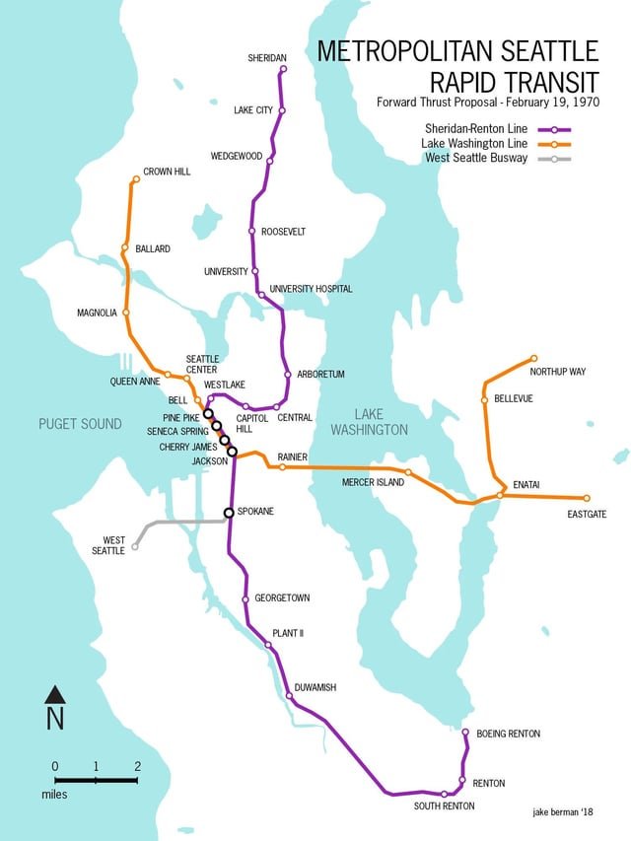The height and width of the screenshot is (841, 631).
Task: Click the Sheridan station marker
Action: pos(283,69)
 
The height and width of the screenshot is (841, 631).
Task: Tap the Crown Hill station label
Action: pos(166,172)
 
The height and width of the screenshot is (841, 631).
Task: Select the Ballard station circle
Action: pos(125,247)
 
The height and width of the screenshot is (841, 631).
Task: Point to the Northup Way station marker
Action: pos(533,358)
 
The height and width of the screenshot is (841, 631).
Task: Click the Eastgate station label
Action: pos(587,514)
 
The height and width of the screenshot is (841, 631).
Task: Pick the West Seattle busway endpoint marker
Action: pos(135,546)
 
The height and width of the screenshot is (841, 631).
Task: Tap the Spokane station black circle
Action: pos(229,512)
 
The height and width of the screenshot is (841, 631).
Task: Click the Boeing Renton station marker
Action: pos(465,733)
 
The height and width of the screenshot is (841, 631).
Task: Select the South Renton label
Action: pos(444,806)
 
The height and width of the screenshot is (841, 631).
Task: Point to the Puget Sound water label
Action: pos(80,424)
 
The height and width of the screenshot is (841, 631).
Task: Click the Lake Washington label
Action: pos(369,422)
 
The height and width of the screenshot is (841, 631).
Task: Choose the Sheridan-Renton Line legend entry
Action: pos(476,129)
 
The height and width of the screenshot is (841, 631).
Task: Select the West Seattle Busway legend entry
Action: pos(476,158)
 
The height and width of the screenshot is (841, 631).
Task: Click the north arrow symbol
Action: pos(55,706)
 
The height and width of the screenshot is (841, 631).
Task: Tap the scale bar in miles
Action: pos(96,779)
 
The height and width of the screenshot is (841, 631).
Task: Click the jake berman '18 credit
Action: pos(564,809)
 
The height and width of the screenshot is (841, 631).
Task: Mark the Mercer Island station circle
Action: pos(408,473)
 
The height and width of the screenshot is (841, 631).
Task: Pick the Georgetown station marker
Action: pos(245,598)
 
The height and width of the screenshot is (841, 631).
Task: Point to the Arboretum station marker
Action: pos(287,375)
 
